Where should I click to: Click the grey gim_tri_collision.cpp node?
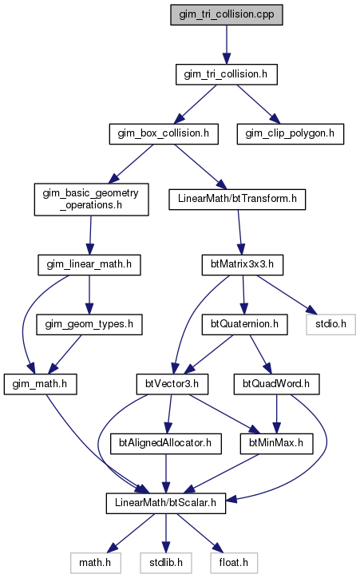(x=226, y=14)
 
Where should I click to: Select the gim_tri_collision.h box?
(x=226, y=74)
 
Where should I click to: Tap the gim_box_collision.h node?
(x=164, y=134)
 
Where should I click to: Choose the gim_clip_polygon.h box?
(x=291, y=134)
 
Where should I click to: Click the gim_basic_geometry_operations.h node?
(x=91, y=200)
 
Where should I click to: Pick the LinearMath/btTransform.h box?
(x=237, y=200)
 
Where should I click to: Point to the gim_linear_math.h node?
(x=89, y=265)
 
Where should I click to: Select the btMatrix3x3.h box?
(x=243, y=265)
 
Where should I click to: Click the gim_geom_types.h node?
(x=89, y=324)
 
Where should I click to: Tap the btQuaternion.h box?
(x=245, y=324)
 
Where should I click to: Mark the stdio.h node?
(x=331, y=324)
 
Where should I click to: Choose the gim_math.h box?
(x=40, y=385)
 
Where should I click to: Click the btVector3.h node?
(x=172, y=385)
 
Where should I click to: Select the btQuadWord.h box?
(x=276, y=385)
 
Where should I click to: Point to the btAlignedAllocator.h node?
(x=166, y=443)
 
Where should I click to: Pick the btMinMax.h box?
(x=276, y=443)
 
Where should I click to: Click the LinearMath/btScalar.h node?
(x=166, y=503)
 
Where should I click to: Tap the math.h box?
(x=96, y=563)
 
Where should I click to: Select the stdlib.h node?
(x=166, y=563)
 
